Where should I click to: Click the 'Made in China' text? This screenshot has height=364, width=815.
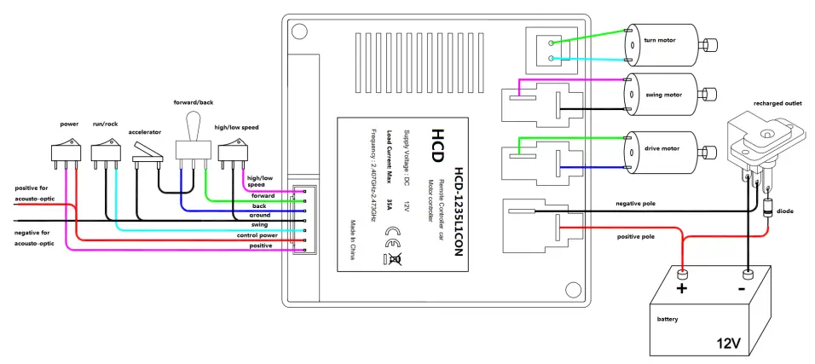(351, 241)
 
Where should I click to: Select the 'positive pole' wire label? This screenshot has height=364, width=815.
(636, 235)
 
